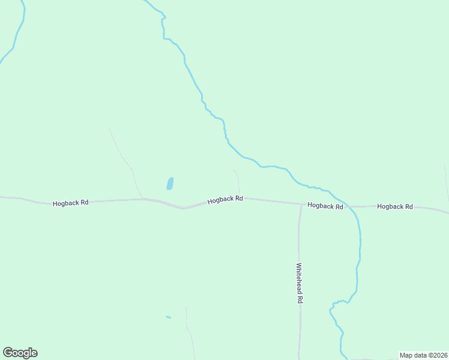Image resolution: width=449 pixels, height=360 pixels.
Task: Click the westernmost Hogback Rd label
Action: pyautogui.click(x=70, y=203)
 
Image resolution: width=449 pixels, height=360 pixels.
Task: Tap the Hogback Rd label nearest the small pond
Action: pyautogui.click(x=225, y=200)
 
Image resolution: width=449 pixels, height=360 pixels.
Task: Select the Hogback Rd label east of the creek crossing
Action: pyautogui.click(x=395, y=206)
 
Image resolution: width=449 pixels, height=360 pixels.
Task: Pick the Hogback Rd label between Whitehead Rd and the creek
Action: pyautogui.click(x=325, y=206)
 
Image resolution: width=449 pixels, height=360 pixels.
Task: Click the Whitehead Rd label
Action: pyautogui.click(x=299, y=283)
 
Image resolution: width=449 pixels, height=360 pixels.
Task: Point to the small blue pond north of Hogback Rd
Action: pyautogui.click(x=170, y=183)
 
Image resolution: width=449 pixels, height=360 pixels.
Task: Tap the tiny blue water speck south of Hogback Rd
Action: pyautogui.click(x=168, y=317)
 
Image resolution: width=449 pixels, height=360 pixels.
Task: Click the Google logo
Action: pyautogui.click(x=20, y=353)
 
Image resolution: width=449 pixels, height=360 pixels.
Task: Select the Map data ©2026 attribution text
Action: pyautogui.click(x=423, y=355)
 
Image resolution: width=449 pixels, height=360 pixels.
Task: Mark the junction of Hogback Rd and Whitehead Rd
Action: pyautogui.click(x=301, y=204)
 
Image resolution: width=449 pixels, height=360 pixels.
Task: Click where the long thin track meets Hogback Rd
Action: pyautogui.click(x=142, y=199)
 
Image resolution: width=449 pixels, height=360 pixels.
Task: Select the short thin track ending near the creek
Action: pyautogui.click(x=238, y=180)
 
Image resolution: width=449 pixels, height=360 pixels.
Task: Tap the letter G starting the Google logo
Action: pyautogui.click(x=8, y=353)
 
